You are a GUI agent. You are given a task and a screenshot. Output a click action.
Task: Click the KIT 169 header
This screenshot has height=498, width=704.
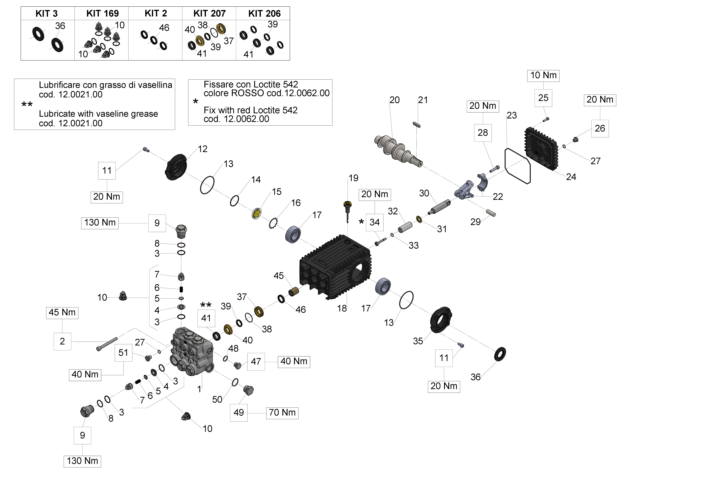(102, 14)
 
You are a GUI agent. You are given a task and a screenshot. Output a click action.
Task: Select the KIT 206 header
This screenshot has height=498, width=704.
(264, 14)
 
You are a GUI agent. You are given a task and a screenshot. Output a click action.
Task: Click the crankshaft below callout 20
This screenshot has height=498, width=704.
(398, 151)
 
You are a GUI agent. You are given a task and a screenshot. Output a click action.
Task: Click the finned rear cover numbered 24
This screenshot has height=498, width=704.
(541, 149)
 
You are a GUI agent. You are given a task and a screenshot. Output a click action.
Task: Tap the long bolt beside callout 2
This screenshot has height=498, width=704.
(107, 344)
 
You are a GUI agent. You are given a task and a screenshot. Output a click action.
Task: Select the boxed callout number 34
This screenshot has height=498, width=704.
(374, 222)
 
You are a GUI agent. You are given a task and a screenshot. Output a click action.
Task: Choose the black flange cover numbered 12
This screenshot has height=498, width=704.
(176, 167)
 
